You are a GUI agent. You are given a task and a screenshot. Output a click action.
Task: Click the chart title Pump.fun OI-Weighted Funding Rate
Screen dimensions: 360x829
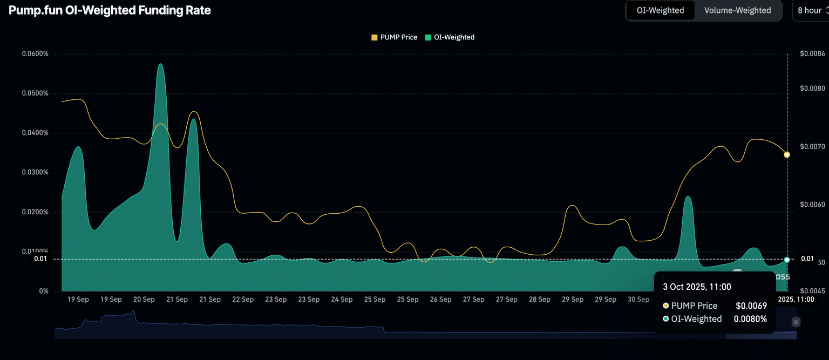[x=110, y=10]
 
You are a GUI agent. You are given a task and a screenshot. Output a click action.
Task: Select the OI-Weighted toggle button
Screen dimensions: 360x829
[x=660, y=10]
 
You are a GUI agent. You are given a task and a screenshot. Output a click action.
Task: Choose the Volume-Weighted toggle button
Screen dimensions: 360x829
[x=737, y=10]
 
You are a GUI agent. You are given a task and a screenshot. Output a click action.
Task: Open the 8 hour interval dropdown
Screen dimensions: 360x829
[x=811, y=10]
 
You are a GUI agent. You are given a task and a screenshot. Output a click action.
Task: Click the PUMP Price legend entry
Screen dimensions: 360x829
[x=394, y=37]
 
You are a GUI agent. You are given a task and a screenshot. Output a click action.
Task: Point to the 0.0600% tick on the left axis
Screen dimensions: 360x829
[x=35, y=53]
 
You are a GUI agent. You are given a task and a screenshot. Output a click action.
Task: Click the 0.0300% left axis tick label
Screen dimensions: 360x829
[x=35, y=172]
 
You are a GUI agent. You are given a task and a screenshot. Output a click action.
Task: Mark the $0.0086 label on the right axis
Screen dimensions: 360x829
[x=812, y=53]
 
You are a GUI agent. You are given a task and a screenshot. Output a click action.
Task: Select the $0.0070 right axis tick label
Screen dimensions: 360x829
[x=812, y=146]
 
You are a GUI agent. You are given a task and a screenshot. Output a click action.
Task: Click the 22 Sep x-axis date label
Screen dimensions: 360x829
[x=243, y=299]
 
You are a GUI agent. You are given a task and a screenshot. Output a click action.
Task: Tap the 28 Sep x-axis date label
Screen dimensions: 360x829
[x=540, y=299]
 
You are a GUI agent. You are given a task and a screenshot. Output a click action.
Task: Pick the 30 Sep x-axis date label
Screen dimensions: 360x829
[x=638, y=299]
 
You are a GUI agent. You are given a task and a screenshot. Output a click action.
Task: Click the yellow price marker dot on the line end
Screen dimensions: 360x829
[x=787, y=155]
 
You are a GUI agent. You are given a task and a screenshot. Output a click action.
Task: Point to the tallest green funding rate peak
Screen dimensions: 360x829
[x=160, y=65]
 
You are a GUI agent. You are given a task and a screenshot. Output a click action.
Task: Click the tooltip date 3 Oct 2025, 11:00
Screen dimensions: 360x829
[x=697, y=287]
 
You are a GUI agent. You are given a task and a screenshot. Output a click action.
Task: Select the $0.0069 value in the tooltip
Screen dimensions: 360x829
[x=751, y=305]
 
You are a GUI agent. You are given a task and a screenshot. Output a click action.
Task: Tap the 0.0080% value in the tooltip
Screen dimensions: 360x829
[x=750, y=318]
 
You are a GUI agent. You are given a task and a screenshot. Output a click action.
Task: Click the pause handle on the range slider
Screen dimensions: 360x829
[x=796, y=322]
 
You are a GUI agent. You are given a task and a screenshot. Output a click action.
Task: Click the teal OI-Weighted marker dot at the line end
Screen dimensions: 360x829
[x=787, y=260]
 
